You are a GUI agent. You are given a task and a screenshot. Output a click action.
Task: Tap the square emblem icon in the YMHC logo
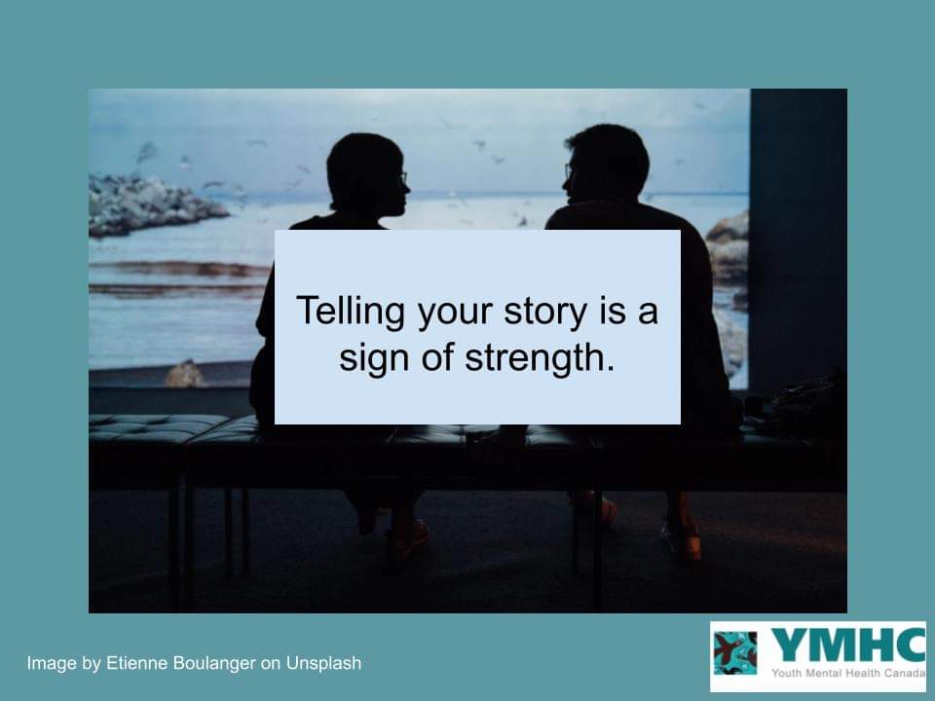pyautogui.click(x=735, y=653)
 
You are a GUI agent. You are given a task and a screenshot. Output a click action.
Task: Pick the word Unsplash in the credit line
pyautogui.click(x=323, y=664)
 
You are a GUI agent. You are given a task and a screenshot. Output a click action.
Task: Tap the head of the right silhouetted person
pyautogui.click(x=608, y=164)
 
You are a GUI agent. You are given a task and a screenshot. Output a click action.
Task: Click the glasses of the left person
pyautogui.click(x=401, y=180)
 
